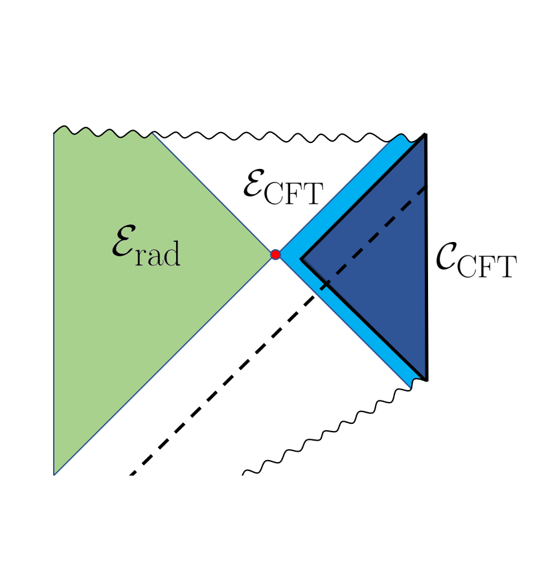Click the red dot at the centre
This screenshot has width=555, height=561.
click(275, 255)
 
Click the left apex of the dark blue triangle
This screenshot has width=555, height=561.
click(301, 259)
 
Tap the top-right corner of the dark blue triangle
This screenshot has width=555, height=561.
click(425, 135)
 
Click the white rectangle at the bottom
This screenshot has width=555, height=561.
click(164, 518)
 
